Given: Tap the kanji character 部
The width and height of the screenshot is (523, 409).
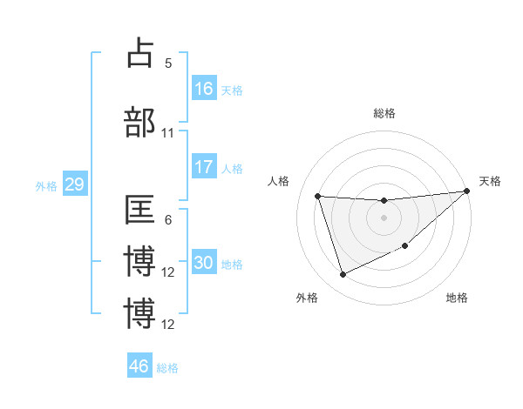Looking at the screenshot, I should coord(140,122).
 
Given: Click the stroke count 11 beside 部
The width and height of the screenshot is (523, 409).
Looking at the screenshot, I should coord(168,133).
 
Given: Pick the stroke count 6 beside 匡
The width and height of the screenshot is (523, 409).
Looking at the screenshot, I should coord(168,221).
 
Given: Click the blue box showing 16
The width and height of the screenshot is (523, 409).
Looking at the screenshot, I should coord(204,89).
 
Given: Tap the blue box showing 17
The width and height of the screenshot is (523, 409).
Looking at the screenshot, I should coord(204,168).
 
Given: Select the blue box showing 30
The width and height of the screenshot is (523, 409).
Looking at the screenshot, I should coord(204,264).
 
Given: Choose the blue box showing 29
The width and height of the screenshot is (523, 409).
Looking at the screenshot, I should coord(74,185).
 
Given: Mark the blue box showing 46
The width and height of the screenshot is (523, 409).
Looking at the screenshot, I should coord(139,366).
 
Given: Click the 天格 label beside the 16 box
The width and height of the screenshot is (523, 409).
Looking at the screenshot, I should coord(232,90).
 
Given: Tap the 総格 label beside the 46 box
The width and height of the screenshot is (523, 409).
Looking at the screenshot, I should coord(167,368).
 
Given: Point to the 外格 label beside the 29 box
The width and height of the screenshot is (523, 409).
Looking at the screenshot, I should coord(45,186).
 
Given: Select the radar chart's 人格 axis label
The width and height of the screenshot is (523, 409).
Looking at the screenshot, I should coord(279,181).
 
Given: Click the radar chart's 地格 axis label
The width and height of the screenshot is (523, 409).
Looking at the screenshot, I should coord(457,298).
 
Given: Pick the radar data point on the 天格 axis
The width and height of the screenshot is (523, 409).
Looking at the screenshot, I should coord(467,191).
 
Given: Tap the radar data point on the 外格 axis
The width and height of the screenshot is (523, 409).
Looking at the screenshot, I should coord(343,275).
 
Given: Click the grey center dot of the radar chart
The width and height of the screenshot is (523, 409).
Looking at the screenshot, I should coord(384,218).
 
